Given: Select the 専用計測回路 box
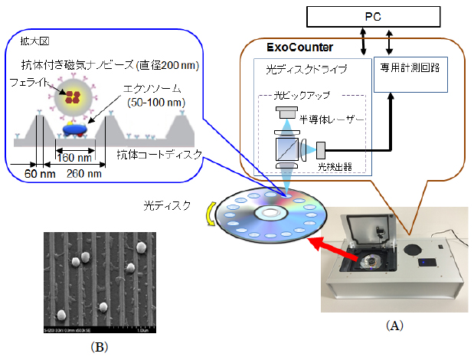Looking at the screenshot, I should pyautogui.click(x=410, y=69).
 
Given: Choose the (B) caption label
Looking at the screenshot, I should pyautogui.click(x=100, y=345).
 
